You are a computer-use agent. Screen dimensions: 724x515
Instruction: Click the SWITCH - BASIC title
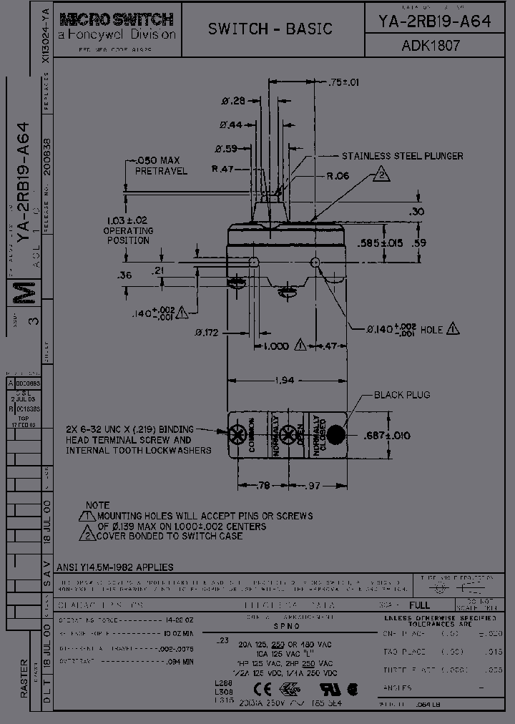point(270,29)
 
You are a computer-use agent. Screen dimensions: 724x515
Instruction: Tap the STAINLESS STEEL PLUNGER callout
point(402,156)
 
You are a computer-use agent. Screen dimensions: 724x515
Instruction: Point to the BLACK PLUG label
point(402,395)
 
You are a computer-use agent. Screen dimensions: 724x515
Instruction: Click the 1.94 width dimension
point(285,381)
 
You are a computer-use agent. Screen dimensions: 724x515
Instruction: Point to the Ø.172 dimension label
point(207,333)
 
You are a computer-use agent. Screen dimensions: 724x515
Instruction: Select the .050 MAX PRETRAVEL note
point(161,165)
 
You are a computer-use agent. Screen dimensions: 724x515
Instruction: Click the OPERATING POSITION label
point(128,235)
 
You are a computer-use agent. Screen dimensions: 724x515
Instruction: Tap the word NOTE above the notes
point(98,505)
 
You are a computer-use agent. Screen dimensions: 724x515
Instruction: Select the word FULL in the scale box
point(420,605)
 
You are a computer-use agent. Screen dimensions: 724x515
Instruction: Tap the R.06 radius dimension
point(338,175)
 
